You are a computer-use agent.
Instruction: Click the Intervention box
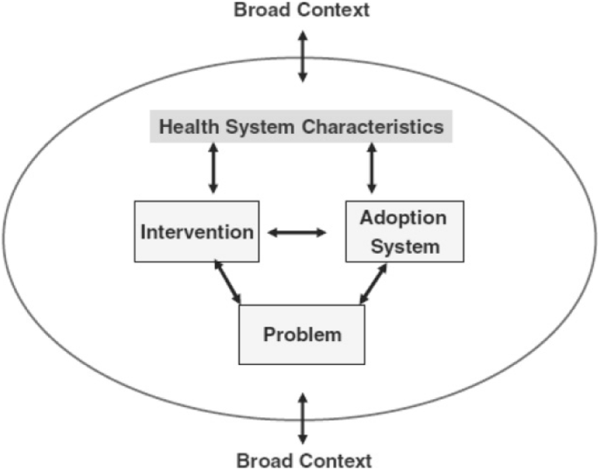[197, 232]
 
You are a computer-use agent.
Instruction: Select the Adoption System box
[403, 231]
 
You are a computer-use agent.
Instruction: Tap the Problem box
[302, 334]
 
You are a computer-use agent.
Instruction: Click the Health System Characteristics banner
[301, 127]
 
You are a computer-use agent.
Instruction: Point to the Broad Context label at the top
[301, 10]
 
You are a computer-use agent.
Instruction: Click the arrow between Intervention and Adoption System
[296, 233]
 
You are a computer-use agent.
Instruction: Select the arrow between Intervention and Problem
[227, 282]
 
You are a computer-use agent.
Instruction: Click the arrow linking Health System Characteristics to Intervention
[212, 169]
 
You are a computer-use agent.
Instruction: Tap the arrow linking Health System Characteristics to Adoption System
[372, 169]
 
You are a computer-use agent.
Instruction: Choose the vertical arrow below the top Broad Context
[302, 54]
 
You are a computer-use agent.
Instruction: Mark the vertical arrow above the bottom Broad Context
[303, 418]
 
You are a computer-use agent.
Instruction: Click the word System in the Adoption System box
[405, 246]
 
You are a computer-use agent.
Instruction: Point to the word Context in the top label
[336, 10]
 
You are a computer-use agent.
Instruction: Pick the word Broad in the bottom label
[265, 459]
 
